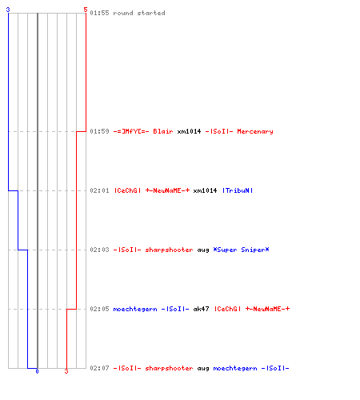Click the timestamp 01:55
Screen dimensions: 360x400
pyautogui.click(x=99, y=13)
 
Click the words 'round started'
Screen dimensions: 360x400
pyautogui.click(x=139, y=13)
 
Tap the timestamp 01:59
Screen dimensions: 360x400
pyautogui.click(x=99, y=131)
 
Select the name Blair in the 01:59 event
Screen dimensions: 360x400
pyautogui.click(x=163, y=131)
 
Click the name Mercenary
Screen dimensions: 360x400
pyautogui.click(x=255, y=131)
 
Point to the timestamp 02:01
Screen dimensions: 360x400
pyautogui.click(x=99, y=190)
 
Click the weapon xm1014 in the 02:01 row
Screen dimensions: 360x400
pyautogui.click(x=205, y=190)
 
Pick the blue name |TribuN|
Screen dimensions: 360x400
pyautogui.click(x=238, y=190)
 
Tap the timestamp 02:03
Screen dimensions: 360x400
pyautogui.click(x=99, y=250)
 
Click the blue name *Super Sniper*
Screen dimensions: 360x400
pyautogui.click(x=241, y=250)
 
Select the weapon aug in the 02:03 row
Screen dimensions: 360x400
pyautogui.click(x=203, y=250)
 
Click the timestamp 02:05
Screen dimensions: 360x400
pyautogui.click(x=99, y=309)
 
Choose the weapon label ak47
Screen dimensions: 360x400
pyautogui.click(x=201, y=309)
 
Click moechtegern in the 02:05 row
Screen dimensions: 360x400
pyautogui.click(x=135, y=309)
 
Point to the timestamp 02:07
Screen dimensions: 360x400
pyautogui.click(x=99, y=368)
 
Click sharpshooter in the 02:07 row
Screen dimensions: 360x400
pyautogui.click(x=169, y=368)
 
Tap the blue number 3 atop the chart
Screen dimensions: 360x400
pyautogui.click(x=8, y=10)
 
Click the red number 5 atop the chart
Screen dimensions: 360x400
pyautogui.click(x=86, y=10)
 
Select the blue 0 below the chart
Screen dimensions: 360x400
pyautogui.click(x=37, y=371)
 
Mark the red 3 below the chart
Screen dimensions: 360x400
pyautogui.click(x=66, y=371)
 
